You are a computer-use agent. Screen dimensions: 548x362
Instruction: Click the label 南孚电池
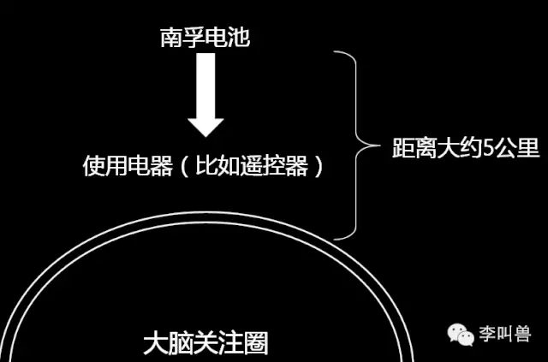(x=205, y=38)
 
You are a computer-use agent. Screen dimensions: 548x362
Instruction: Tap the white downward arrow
(x=205, y=95)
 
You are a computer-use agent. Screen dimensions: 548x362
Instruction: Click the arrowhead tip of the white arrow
(x=205, y=137)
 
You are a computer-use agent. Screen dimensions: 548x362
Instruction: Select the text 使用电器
(x=128, y=166)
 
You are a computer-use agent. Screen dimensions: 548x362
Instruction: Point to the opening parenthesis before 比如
(x=185, y=166)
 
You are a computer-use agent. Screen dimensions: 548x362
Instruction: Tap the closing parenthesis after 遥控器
(x=318, y=166)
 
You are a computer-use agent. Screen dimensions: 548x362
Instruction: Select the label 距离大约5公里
(x=466, y=148)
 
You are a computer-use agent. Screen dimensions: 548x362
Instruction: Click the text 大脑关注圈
(x=205, y=343)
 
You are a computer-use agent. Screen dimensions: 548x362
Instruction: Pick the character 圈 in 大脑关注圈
(x=256, y=343)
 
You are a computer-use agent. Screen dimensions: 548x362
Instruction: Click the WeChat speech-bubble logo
(x=461, y=335)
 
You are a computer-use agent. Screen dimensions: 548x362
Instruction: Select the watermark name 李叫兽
(x=505, y=334)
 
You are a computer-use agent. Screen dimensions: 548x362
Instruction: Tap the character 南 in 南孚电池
(x=171, y=38)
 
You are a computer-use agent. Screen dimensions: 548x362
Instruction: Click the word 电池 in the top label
(x=228, y=38)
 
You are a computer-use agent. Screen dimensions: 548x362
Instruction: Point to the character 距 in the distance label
(x=403, y=148)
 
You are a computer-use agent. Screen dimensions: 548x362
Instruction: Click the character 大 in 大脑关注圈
(x=156, y=343)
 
